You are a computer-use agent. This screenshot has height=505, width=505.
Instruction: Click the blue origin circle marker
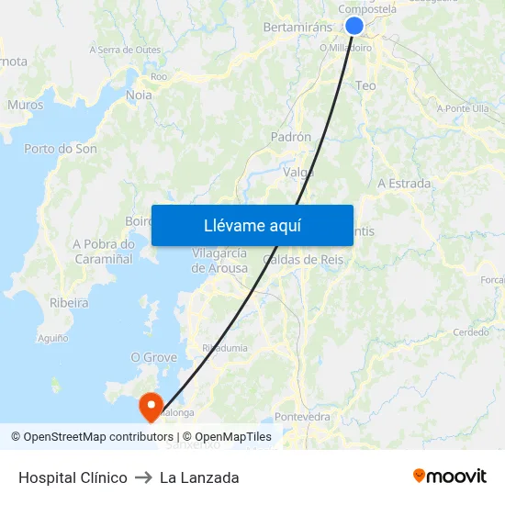354,26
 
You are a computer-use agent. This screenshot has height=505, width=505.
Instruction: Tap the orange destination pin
149,406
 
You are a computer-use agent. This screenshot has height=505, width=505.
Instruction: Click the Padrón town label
291,137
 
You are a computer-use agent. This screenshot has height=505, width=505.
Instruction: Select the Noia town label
139,95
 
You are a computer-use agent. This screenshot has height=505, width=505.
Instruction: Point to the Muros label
26,106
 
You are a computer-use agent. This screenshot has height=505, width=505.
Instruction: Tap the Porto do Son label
61,149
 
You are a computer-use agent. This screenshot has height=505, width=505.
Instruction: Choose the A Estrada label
404,184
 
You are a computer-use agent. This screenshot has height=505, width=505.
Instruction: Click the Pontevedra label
302,417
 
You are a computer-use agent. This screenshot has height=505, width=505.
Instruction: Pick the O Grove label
153,357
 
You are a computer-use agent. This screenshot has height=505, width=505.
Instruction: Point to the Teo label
365,85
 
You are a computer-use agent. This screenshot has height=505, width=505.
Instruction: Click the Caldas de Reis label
303,260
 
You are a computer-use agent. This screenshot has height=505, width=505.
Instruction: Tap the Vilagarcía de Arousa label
219,261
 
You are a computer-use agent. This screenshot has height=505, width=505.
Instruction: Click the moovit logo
450,477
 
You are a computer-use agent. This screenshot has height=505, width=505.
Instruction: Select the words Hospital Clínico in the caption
73,477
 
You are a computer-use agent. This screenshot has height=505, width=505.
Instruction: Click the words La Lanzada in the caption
199,477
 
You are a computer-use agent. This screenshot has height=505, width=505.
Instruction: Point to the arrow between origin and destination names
143,477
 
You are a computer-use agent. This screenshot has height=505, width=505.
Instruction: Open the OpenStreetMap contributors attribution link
98,437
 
